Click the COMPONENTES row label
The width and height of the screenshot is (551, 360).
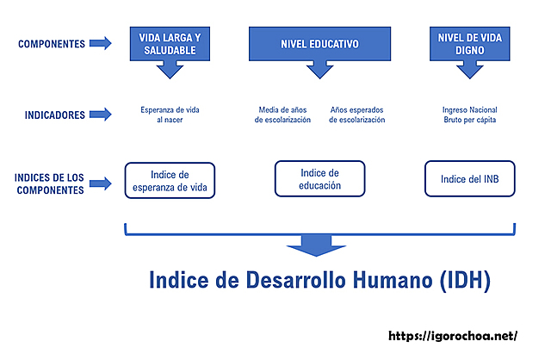tap(51, 43)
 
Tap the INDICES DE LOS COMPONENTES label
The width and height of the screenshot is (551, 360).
tap(50, 183)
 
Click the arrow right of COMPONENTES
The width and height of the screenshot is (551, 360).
tap(101, 43)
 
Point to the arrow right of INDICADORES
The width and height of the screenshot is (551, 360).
tap(101, 114)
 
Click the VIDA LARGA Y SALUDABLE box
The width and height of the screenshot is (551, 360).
tap(170, 44)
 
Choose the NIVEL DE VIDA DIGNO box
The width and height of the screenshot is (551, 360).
tap(470, 44)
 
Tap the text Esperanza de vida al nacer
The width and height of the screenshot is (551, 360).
tap(170, 115)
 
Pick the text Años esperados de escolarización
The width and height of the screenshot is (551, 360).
tap(357, 115)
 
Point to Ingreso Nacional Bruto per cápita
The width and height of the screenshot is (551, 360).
tap(470, 115)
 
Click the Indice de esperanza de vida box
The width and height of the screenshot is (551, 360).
tap(170, 180)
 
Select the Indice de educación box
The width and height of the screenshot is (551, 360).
tap(319, 179)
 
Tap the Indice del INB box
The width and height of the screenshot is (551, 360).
tap(470, 179)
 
